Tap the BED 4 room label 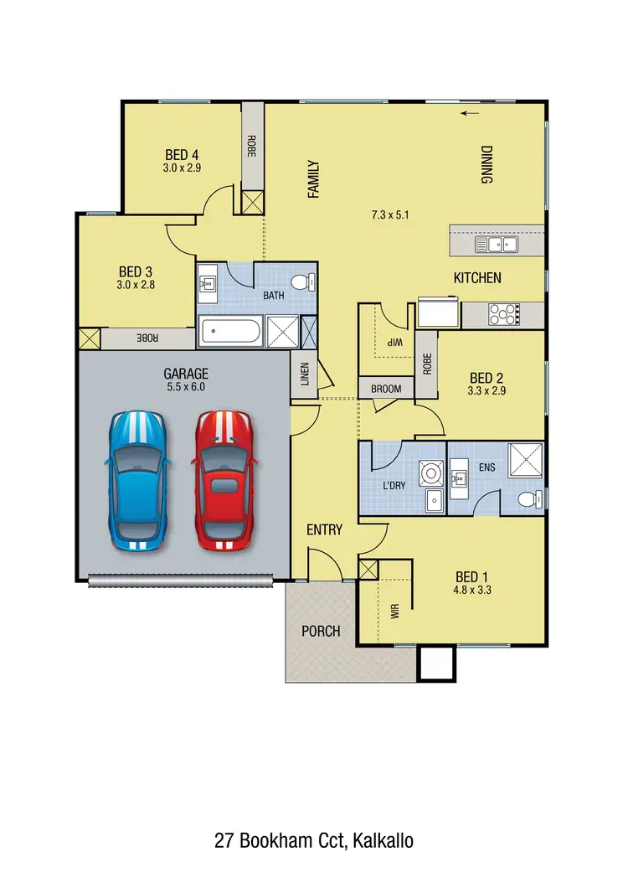point(182,155)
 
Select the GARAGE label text point(186,374)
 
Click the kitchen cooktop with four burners point(503,314)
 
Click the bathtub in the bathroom point(229,332)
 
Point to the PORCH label point(321,630)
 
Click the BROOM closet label point(386,389)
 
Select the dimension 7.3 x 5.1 point(389,215)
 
